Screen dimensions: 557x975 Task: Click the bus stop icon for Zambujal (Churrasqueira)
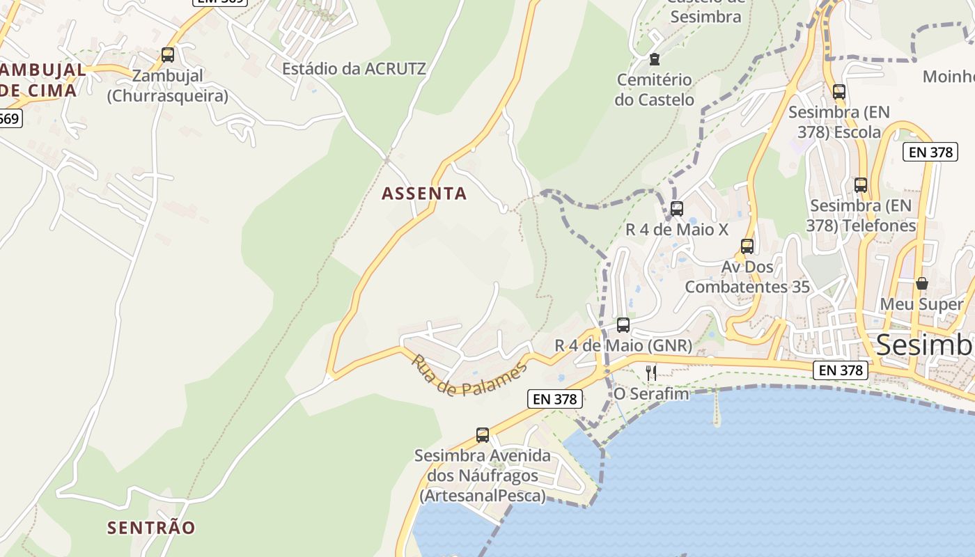coord(167,55)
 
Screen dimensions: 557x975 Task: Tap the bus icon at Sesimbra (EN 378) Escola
coord(838,91)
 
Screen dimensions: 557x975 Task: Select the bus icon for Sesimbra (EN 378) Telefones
coord(861,185)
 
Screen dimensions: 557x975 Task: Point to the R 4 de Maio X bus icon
coord(676,208)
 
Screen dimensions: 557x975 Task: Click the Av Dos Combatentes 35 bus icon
coord(747,246)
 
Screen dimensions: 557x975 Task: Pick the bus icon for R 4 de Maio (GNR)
coord(623,324)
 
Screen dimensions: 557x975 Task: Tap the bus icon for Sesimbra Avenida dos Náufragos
coord(483,435)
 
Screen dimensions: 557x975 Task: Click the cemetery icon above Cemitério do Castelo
coord(654,59)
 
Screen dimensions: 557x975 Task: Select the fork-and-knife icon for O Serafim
coord(651,373)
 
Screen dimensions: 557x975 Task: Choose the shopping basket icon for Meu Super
coord(922,283)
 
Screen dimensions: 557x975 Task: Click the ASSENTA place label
coord(424,194)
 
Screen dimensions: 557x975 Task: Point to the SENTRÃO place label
coord(151,528)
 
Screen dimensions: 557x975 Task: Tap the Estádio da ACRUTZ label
coord(354,69)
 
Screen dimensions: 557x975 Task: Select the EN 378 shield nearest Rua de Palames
coord(554,399)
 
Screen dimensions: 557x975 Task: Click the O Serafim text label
coord(650,394)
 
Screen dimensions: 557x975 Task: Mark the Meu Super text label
coord(921,304)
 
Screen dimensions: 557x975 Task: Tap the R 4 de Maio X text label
coord(676,229)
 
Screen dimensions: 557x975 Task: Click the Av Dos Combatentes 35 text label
coord(747,276)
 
